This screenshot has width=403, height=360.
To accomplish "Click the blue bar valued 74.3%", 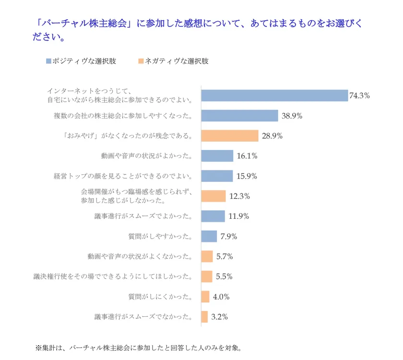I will pos(274,96).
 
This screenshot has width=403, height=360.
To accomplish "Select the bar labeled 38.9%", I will pos(239,116).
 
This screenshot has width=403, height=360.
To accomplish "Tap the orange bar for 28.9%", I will pos(229,136).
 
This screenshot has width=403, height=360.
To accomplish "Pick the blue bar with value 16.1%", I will pos(217,156).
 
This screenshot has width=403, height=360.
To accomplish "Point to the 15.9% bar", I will pos(216,176).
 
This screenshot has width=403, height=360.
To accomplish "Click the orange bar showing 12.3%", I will pos(213,196).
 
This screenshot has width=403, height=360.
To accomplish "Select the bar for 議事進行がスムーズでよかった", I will pos(213,216).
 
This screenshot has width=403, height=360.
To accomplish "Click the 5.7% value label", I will pos(224,256).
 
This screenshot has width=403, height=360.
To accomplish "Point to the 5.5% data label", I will pos(224,276).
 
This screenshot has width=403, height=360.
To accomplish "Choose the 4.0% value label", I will pos(221,297).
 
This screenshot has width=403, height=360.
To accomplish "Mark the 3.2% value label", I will pos(219,317).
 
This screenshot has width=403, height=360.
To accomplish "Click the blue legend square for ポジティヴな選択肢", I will pos(48,61).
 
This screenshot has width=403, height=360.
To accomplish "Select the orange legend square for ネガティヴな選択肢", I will pos(140,61).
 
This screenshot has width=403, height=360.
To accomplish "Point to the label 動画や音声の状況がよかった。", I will pos(147,156).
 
